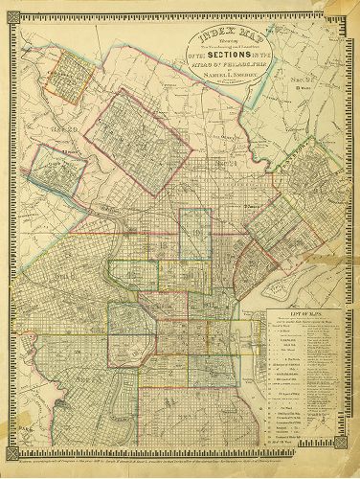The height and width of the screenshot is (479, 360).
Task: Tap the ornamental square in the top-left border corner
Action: (8, 8)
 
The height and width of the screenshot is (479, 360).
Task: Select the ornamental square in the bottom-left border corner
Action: (8, 468)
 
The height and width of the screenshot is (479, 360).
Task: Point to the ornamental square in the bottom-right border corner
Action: (352, 468)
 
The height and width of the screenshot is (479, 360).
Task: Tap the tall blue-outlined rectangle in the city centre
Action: (195, 236)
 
